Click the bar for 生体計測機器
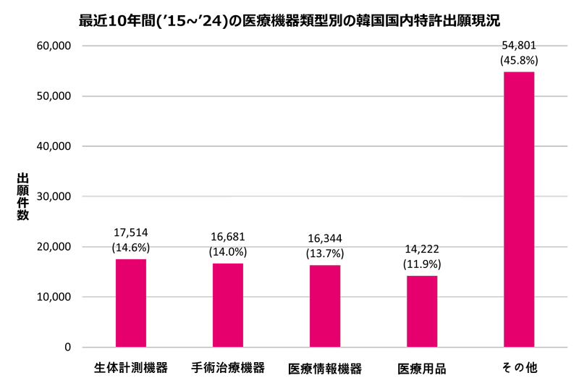coord(131,303)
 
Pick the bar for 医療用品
coord(421,311)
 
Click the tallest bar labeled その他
coord(519,209)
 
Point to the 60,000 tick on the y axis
coord(54,46)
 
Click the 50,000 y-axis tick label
coord(54,96)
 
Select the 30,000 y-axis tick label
coord(54,196)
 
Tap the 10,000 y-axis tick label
coord(54,297)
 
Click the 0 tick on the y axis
coord(67,348)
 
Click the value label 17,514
coord(131,232)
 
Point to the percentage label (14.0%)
coord(228,253)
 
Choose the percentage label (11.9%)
coord(421,264)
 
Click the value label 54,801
coord(519,46)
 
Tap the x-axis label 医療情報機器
coord(325,369)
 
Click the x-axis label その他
coord(519,368)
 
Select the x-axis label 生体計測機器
coord(131,368)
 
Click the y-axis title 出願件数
coord(22,196)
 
